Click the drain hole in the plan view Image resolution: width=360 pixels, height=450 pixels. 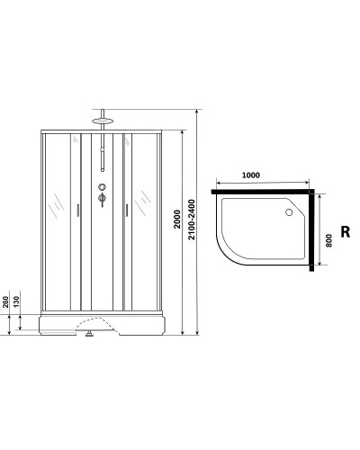pyautogui.click(x=289, y=213)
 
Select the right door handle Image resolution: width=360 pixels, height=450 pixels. pyautogui.click(x=128, y=210)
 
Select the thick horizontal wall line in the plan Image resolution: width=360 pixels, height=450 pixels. pyautogui.click(x=264, y=192)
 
